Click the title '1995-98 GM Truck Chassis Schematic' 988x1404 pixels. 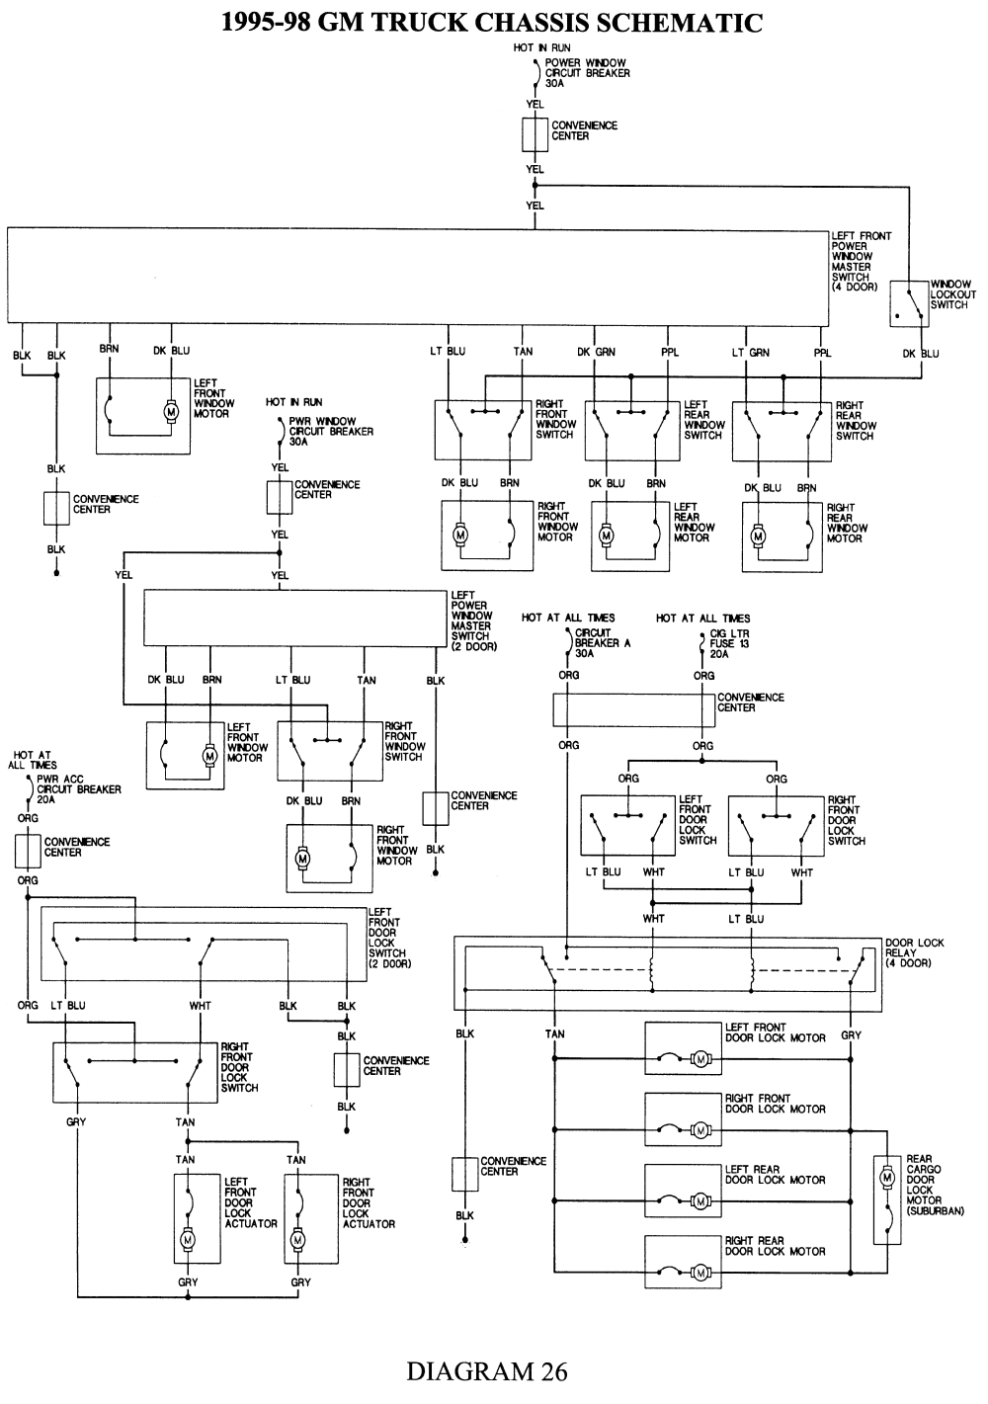click(x=493, y=21)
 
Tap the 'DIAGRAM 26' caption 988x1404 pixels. click(x=487, y=1371)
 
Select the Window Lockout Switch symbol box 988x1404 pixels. click(x=908, y=302)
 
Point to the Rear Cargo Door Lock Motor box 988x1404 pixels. click(x=885, y=1198)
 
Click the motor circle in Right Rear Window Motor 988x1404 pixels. click(x=759, y=536)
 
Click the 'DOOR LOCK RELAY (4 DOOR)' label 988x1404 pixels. click(x=914, y=952)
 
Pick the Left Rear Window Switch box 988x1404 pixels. click(x=632, y=430)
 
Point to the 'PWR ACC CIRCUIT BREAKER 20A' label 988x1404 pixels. click(x=79, y=789)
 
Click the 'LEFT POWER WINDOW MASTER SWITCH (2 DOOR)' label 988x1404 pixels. click(x=473, y=620)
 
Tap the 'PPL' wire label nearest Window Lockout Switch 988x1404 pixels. click(x=822, y=352)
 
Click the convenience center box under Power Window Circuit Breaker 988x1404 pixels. click(x=535, y=135)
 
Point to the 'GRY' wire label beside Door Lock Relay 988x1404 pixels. click(x=851, y=1034)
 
